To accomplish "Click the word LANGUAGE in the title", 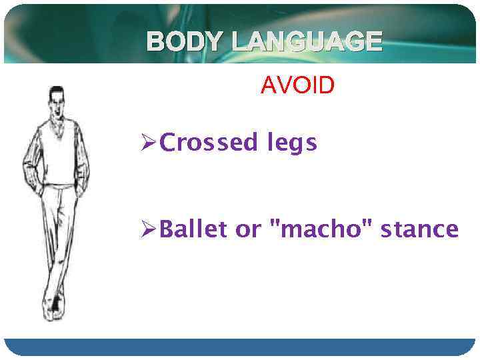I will pyautogui.click(x=307, y=42).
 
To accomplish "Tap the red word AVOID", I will pyautogui.click(x=297, y=86).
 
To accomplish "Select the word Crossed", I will pyautogui.click(x=206, y=143).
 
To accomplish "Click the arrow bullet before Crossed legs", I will pyautogui.click(x=149, y=143).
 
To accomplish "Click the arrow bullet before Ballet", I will pyautogui.click(x=149, y=230).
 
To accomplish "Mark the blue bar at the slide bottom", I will pyautogui.click(x=240, y=347).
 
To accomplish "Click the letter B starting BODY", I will pyautogui.click(x=155, y=42).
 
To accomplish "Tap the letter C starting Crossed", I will pyautogui.click(x=169, y=143).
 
